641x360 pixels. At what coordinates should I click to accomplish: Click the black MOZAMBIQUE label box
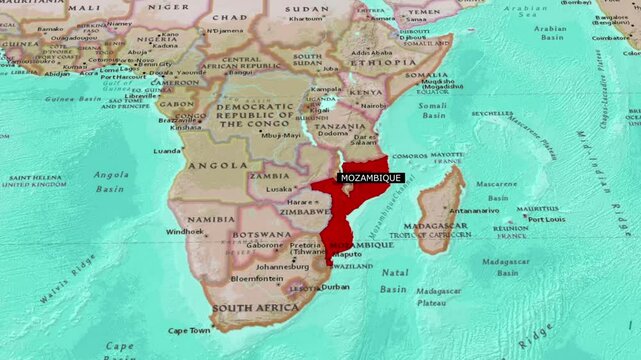371,178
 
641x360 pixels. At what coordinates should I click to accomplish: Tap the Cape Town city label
189,330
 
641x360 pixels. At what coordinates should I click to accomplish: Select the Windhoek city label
185,232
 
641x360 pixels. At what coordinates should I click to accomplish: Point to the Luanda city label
167,151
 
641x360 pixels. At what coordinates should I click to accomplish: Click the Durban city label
335,286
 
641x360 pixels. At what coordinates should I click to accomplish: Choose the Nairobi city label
373,105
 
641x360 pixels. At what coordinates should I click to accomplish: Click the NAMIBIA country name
211,218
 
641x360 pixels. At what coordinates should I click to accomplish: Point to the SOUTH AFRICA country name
256,308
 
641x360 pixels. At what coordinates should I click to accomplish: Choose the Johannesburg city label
283,267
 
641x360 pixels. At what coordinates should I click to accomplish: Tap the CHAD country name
230,17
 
